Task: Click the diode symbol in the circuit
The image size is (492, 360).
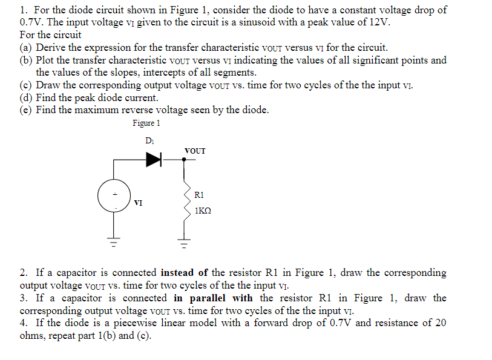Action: (x=154, y=159)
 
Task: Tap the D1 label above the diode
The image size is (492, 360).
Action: (x=150, y=141)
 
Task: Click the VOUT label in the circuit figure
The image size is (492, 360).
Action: (x=195, y=150)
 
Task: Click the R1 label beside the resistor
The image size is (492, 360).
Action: (x=200, y=195)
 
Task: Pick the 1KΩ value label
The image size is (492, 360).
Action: (x=203, y=212)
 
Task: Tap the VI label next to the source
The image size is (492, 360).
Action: (x=139, y=203)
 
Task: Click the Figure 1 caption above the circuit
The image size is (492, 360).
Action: (x=146, y=123)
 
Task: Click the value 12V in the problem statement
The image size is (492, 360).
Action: (x=379, y=22)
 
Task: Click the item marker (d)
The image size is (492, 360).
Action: (x=26, y=97)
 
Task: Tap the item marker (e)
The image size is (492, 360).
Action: (x=26, y=110)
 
